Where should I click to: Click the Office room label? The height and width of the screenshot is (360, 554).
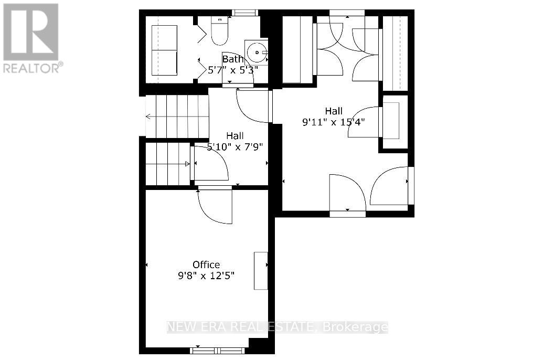click(206, 264)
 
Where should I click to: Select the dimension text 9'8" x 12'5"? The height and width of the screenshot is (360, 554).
click(206, 276)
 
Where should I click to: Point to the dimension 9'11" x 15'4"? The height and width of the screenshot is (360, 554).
click(334, 122)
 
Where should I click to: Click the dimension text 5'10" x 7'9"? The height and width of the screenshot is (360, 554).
click(235, 147)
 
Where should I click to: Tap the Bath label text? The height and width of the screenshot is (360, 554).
click(233, 59)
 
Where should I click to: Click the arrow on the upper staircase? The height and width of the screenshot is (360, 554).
click(150, 117)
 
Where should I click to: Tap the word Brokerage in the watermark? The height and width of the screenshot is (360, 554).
click(356, 327)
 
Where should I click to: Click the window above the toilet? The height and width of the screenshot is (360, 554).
click(241, 13)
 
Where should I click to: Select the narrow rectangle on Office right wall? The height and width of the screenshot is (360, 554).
click(261, 270)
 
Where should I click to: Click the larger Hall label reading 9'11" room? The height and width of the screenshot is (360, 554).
click(334, 111)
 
